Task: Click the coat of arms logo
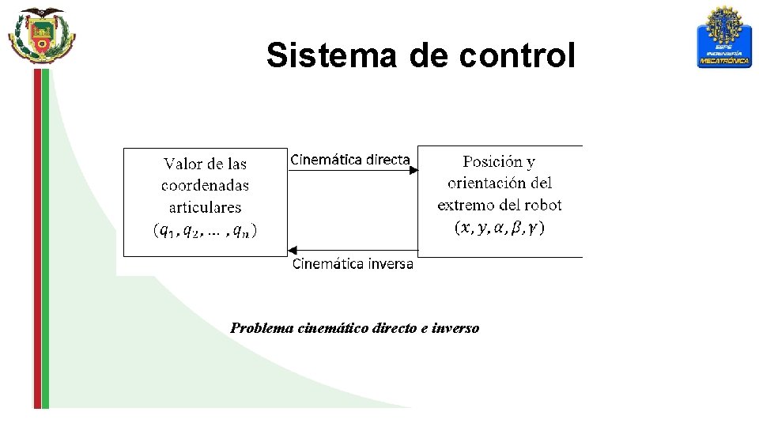pos(41,36)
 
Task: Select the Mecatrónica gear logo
pos(724,37)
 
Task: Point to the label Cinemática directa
pos(349,159)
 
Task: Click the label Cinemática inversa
pos(353,264)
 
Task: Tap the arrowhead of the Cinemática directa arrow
pos(413,168)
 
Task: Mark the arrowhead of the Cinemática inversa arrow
pos(290,250)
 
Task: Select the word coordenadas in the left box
pos(205,186)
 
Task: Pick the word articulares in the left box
pos(205,207)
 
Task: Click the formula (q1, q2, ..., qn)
pos(205,230)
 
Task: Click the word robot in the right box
pos(542,205)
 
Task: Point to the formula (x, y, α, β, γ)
pos(500,228)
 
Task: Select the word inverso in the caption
pos(456,328)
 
